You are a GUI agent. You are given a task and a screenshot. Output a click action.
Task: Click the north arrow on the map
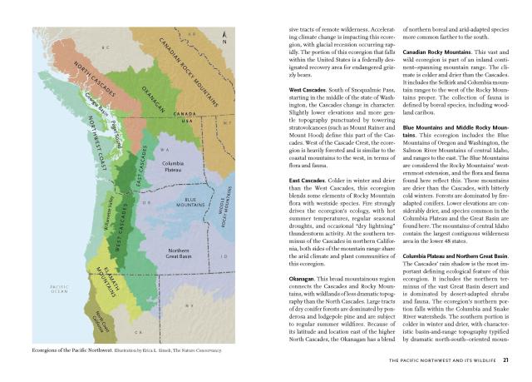tap(225, 35)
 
